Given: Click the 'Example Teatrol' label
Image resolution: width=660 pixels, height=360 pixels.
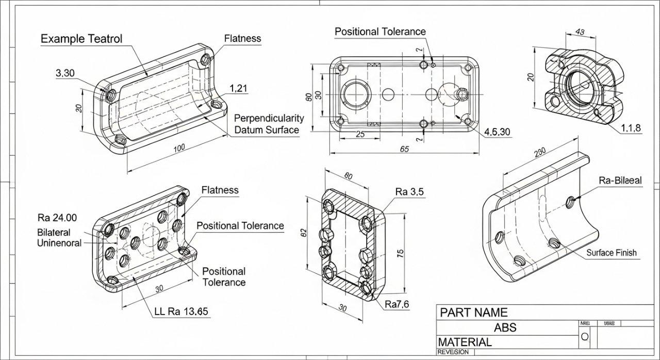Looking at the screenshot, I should tap(81, 39).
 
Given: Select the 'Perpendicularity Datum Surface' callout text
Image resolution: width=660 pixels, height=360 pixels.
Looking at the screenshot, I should tap(269, 124).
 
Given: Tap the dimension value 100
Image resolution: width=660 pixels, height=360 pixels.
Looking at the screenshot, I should tap(179, 149).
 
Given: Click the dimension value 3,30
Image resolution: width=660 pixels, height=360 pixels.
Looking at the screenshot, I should tap(65, 73).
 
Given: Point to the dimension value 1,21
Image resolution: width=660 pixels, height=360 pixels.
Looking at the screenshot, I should tap(238, 88).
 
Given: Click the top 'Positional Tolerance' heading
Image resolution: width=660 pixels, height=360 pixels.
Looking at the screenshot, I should tap(380, 31).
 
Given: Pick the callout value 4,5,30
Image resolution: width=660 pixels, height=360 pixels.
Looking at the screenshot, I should tap(497, 132).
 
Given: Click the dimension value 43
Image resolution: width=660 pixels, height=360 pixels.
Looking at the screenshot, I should tap(579, 32).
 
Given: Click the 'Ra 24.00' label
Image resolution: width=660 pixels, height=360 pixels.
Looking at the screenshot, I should tap(57, 217).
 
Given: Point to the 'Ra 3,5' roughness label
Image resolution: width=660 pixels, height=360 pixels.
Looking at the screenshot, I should tap(409, 192).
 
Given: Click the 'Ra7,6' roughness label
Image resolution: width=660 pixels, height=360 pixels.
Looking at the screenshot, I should tap(397, 304).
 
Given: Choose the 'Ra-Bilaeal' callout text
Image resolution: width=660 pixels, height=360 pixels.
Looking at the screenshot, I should tap(620, 181).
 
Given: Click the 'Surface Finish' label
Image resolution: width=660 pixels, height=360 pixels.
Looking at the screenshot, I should tap(611, 253).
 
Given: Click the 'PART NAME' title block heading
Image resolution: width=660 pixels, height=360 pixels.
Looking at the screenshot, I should tap(473, 312).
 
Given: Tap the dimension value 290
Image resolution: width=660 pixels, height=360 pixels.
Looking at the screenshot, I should tap(540, 153).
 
